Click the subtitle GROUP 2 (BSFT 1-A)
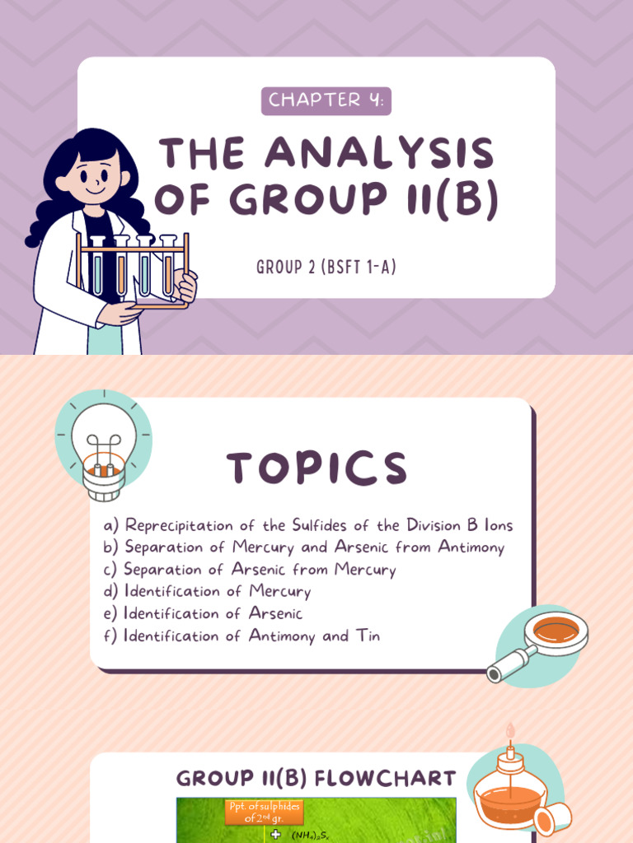pos(326,268)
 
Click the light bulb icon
pos(103,449)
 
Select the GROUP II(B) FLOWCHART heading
pos(316,778)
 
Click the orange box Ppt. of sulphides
pos(265,812)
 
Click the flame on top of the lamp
pos(510,731)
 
